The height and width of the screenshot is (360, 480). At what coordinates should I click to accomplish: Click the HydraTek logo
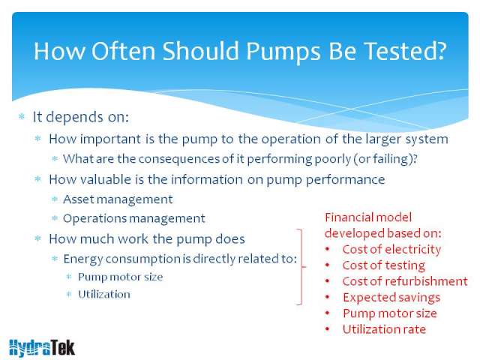click(42, 348)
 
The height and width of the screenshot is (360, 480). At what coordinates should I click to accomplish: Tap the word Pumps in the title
click(283, 52)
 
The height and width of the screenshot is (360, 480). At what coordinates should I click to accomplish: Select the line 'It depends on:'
click(80, 117)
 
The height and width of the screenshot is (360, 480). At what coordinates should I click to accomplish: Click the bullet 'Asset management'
click(118, 199)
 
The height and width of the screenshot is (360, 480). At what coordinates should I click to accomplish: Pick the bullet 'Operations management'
click(134, 218)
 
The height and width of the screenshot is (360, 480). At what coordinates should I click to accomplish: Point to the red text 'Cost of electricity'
click(391, 250)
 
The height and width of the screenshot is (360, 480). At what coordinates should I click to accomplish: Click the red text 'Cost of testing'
click(384, 265)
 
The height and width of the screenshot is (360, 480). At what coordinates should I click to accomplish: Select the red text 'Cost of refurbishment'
click(405, 281)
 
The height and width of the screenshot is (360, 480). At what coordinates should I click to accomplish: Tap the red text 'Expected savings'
click(391, 298)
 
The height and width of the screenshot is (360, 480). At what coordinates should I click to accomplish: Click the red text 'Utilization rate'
click(384, 329)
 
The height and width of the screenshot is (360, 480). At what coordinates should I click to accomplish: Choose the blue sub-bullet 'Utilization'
click(104, 295)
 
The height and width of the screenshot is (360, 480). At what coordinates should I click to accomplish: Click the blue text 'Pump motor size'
click(120, 277)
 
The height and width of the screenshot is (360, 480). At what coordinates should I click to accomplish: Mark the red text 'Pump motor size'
click(390, 313)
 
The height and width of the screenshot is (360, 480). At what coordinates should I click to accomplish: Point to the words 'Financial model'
click(368, 217)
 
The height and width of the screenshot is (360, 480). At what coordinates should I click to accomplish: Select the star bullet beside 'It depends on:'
click(22, 117)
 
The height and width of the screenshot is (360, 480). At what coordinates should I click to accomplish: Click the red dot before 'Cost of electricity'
click(328, 250)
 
